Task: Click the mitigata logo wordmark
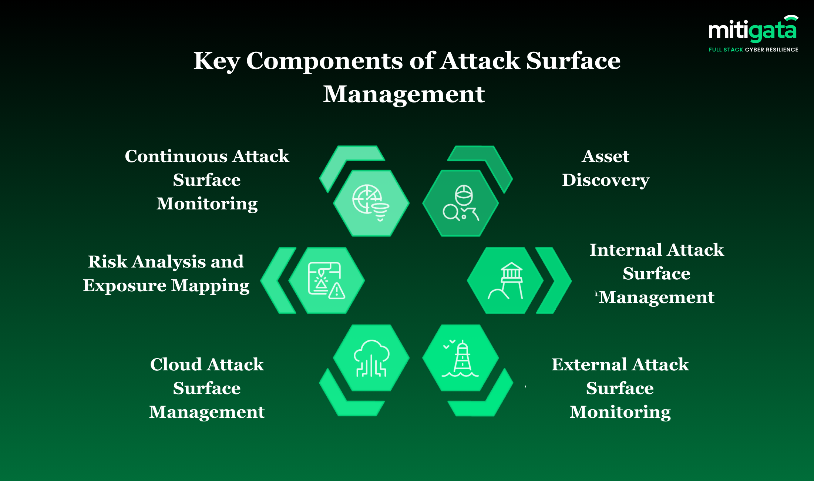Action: pos(753,30)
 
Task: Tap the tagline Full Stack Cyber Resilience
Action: pos(753,50)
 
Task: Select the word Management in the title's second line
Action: pos(404,94)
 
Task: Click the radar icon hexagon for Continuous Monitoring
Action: pos(371,203)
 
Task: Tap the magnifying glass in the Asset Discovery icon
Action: pos(451,212)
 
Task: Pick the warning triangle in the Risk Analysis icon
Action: pos(337,291)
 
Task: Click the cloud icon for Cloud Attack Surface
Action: pos(371,358)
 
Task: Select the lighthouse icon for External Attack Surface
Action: pos(461,359)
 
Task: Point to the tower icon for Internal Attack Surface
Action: pos(506,281)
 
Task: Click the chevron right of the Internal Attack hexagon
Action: pos(554,280)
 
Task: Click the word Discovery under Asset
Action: pos(606,181)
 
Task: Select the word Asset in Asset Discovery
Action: pos(606,156)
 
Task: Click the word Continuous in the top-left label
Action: pos(175,156)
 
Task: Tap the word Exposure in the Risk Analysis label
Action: pos(125,286)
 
